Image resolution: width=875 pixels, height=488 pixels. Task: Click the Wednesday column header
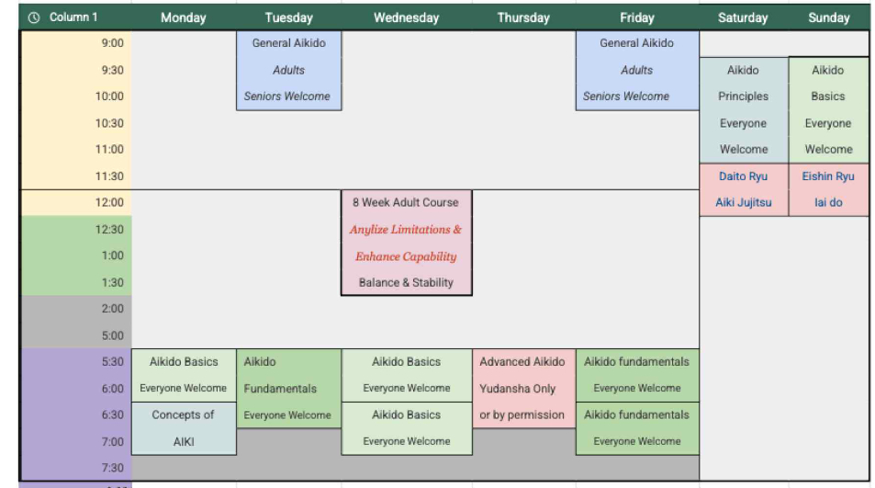click(x=407, y=17)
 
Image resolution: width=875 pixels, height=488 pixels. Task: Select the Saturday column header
click(x=743, y=17)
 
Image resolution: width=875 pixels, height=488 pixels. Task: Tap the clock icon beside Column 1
click(x=34, y=17)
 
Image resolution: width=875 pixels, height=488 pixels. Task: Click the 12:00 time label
click(x=109, y=202)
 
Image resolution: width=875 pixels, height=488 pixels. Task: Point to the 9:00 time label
click(x=113, y=43)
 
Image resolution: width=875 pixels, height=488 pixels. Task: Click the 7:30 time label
click(x=113, y=468)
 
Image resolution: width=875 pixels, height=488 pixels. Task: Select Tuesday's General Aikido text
click(x=288, y=43)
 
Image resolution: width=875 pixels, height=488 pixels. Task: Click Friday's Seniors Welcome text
click(x=626, y=96)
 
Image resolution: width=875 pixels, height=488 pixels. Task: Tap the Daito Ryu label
click(x=743, y=176)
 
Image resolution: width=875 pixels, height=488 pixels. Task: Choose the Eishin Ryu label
click(x=828, y=176)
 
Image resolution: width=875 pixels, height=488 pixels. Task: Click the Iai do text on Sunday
click(x=828, y=203)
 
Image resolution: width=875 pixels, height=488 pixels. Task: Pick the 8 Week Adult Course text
click(x=406, y=202)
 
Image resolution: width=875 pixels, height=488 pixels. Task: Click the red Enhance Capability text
click(x=406, y=256)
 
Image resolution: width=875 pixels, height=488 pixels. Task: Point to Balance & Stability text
click(x=406, y=283)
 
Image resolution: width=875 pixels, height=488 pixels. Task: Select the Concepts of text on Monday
click(x=184, y=414)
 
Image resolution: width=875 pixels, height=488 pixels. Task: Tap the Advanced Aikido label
click(x=522, y=362)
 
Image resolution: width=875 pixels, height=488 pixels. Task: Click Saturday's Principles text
click(x=743, y=96)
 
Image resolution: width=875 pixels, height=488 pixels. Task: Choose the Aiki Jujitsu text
click(x=743, y=203)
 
